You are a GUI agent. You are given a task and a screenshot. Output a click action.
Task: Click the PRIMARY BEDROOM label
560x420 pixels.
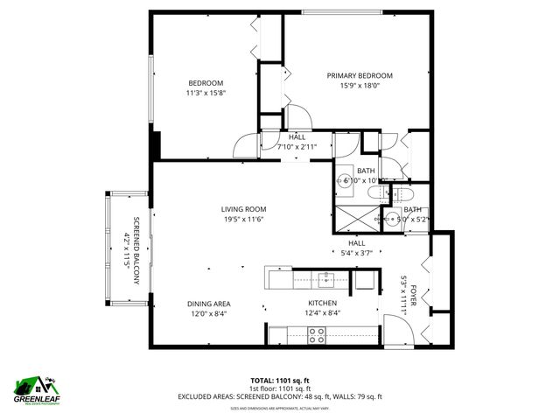pos(360,76)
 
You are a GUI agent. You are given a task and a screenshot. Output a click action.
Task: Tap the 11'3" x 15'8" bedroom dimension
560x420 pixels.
pos(206,93)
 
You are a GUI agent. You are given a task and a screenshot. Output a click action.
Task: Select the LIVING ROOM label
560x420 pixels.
pos(243,209)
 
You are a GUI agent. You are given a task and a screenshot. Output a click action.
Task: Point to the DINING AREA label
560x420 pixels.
pos(208,304)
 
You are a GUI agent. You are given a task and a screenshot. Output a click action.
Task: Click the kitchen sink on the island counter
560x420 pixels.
pos(327,279)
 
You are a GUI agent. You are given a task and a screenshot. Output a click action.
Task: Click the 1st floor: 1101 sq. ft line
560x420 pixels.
pos(280,388)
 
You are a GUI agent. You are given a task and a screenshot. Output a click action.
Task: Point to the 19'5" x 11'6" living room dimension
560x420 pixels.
pos(243,219)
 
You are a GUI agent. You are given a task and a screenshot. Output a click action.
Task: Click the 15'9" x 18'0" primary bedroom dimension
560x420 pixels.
pos(360,86)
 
